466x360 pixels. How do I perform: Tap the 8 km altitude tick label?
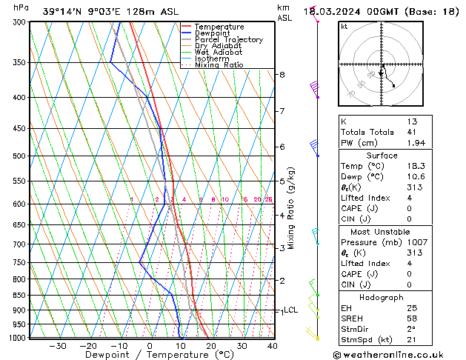point(282,75)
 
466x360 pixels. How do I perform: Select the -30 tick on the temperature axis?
point(57,346)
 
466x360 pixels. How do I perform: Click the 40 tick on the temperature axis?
point(273,346)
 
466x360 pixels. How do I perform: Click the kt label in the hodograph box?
point(344,27)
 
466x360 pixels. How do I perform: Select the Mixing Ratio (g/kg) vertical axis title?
point(291,208)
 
